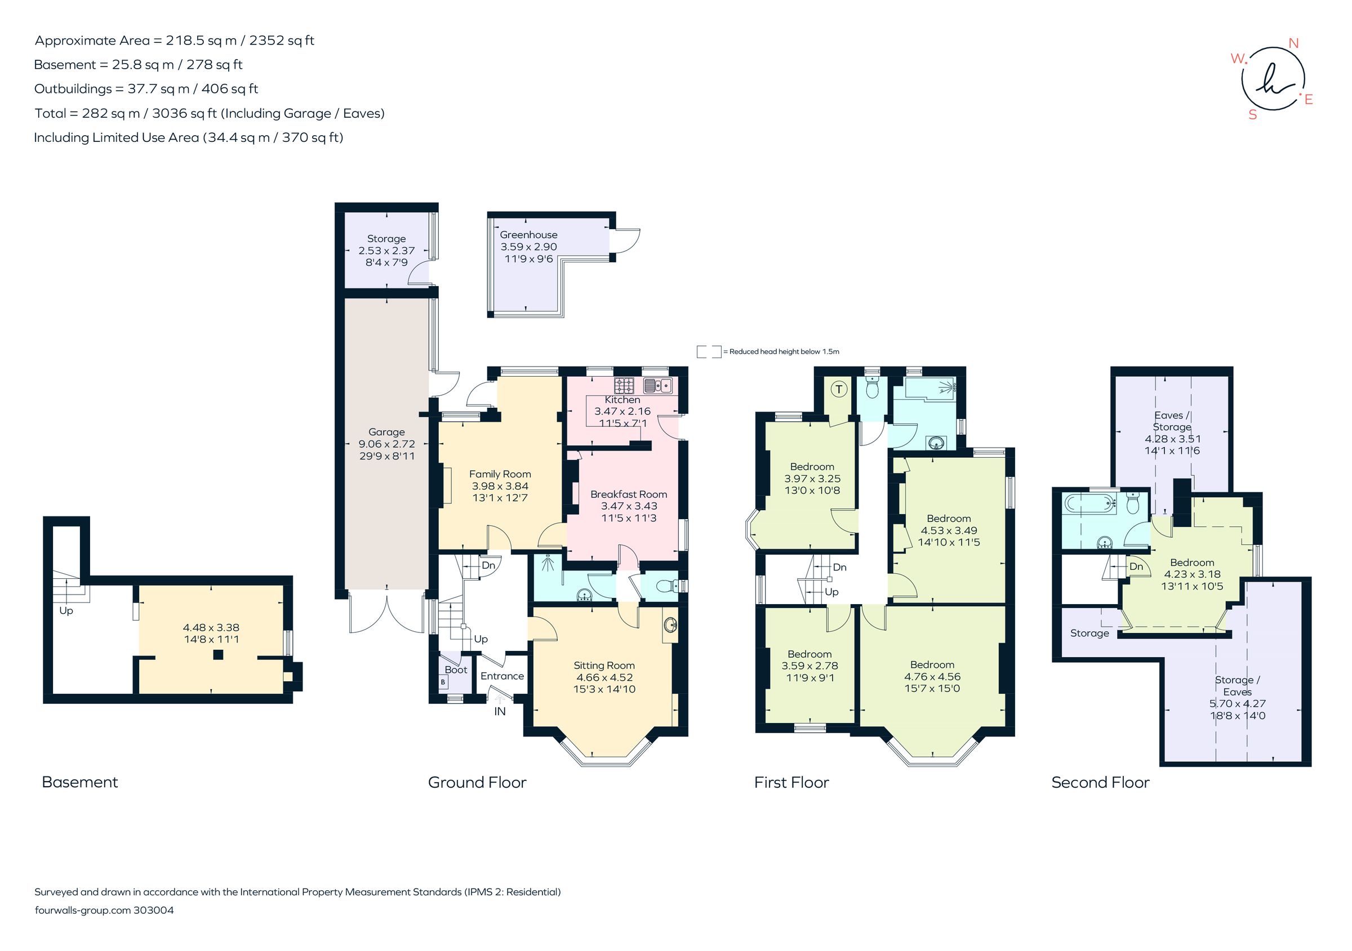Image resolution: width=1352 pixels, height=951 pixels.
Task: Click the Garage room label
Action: (386, 432)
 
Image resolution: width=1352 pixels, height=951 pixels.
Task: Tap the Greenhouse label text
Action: (528, 235)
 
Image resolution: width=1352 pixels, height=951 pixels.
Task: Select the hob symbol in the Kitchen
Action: (624, 386)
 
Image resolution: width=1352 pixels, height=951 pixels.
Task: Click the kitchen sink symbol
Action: (658, 386)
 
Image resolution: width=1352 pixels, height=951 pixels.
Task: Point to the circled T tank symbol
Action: (840, 389)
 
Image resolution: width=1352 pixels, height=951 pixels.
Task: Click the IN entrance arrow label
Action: (499, 711)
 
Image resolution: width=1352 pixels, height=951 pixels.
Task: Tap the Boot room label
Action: (456, 669)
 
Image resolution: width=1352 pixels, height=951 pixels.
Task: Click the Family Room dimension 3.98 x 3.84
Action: (500, 486)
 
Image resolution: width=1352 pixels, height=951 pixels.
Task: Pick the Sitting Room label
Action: (604, 666)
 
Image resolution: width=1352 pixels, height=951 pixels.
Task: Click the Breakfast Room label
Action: (628, 494)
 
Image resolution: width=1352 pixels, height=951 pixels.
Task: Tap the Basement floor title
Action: (80, 782)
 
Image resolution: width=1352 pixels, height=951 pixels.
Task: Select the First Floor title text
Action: (791, 782)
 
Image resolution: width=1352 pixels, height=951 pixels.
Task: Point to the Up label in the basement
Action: (66, 611)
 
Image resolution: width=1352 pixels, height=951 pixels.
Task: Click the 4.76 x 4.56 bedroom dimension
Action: (932, 677)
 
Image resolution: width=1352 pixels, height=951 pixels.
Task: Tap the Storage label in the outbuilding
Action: (386, 238)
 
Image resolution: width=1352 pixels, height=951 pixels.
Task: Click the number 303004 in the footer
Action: (154, 910)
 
